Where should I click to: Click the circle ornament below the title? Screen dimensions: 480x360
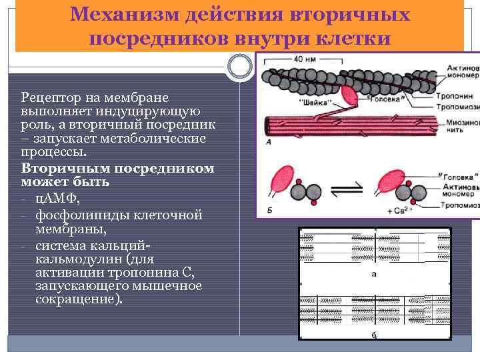click(239, 65)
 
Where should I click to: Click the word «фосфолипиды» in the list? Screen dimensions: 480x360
click(76, 215)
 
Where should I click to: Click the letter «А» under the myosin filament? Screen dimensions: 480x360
click(268, 143)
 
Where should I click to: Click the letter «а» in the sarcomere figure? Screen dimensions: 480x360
click(374, 273)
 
